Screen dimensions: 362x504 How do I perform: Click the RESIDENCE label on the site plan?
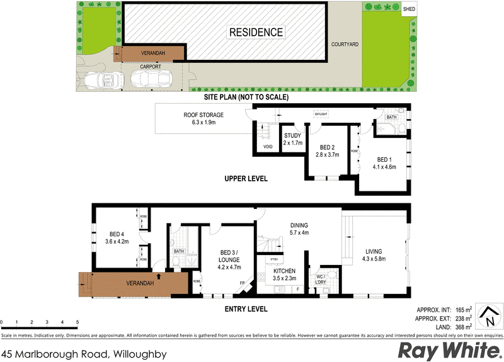(255, 32)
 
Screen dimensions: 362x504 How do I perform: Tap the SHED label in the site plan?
(409, 9)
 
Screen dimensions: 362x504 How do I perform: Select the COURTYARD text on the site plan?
(345, 45)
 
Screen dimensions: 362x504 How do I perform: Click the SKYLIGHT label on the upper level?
(321, 114)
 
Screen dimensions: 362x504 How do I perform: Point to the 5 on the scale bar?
(77, 322)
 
